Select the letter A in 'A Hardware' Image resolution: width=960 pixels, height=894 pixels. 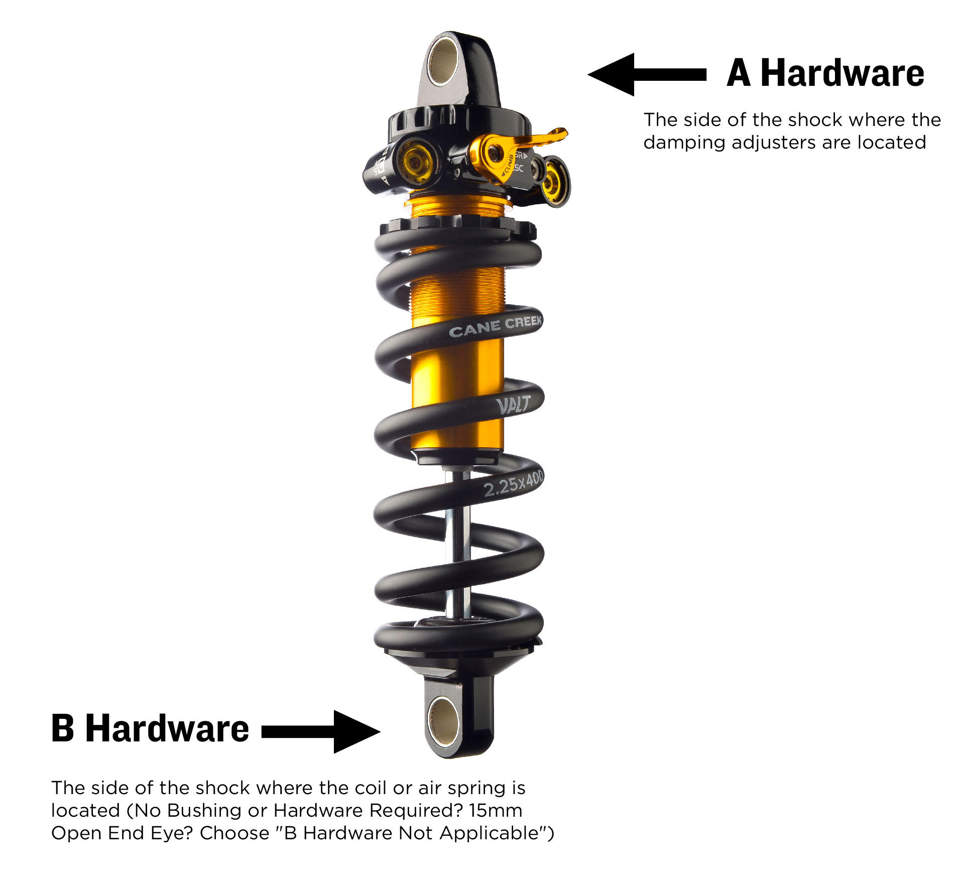click(x=739, y=73)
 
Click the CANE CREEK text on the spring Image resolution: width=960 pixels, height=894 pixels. click(x=495, y=327)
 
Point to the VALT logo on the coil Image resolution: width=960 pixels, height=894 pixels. click(x=513, y=405)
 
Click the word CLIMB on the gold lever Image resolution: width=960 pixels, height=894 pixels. click(x=507, y=166)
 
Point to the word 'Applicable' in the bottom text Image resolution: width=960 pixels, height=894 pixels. click(x=489, y=833)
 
